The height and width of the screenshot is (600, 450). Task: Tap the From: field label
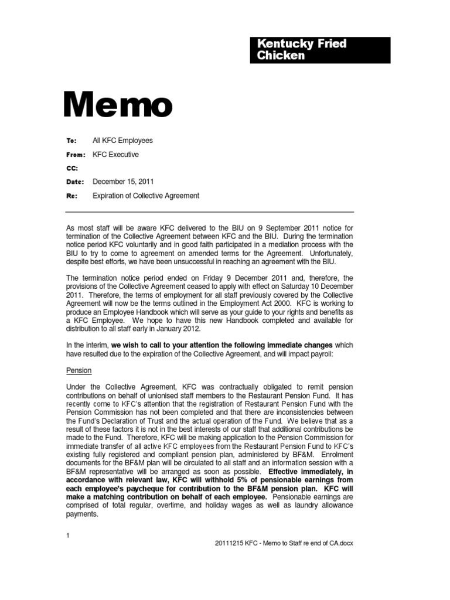[75, 155]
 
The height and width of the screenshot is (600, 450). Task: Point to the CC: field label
[71, 168]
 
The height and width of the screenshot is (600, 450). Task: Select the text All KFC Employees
[122, 141]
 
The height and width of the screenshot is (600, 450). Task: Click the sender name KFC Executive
[115, 155]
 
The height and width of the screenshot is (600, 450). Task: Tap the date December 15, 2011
[123, 182]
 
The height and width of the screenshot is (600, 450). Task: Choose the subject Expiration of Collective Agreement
[146, 196]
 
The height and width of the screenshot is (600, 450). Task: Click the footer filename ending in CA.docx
[284, 543]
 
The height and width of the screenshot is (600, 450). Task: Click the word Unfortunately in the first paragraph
[328, 253]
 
